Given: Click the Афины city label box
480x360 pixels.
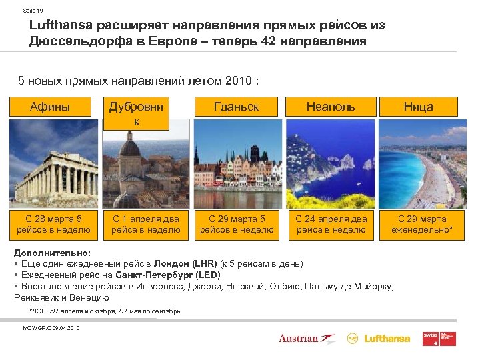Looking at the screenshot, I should coord(51,107).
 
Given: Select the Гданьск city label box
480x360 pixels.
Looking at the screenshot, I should coord(236,107).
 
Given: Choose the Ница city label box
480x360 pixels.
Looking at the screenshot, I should coord(418,107).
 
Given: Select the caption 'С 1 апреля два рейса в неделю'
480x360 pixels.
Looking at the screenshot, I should coord(145,224).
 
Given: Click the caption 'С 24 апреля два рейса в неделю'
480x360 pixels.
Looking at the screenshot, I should coord(331,224).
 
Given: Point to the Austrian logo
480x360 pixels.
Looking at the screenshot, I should coord(304,339).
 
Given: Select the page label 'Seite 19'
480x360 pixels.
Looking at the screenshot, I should coord(33,11).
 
